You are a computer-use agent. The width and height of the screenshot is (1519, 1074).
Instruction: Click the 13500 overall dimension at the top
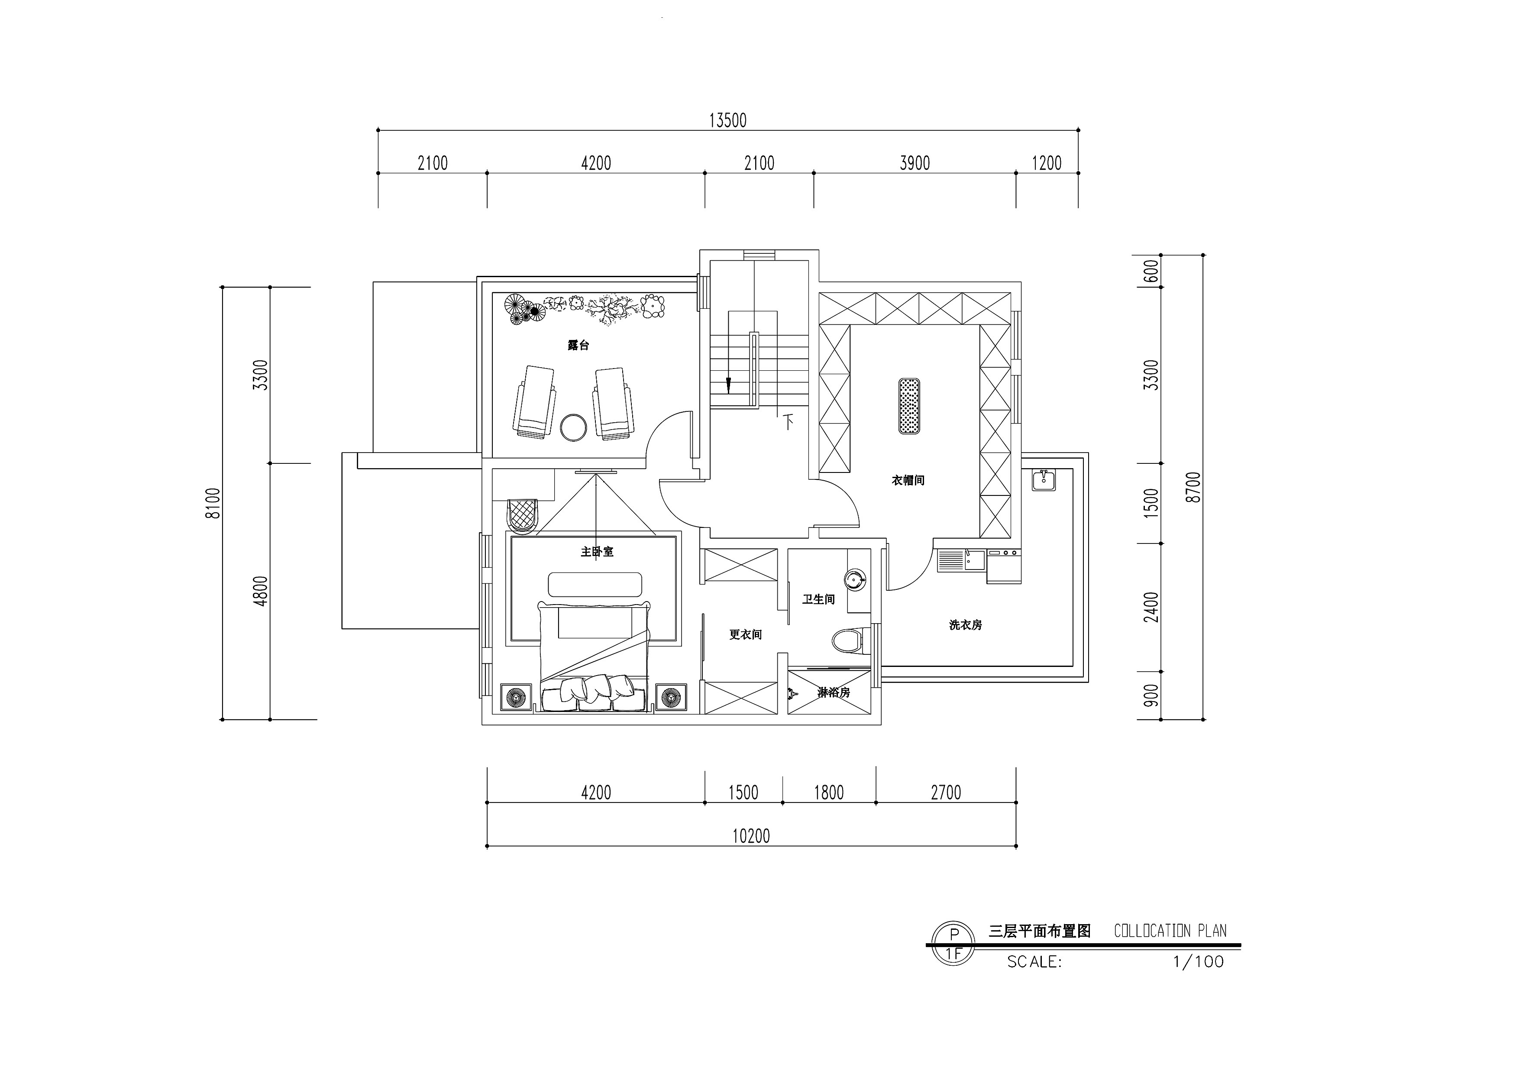click(x=728, y=120)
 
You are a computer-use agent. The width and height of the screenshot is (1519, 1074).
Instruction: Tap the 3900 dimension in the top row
click(x=915, y=163)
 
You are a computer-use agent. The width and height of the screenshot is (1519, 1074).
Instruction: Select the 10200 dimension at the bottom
click(x=751, y=836)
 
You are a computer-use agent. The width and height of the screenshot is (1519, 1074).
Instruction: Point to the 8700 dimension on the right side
click(x=1193, y=488)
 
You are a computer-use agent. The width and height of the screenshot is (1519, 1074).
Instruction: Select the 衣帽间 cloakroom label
click(x=908, y=480)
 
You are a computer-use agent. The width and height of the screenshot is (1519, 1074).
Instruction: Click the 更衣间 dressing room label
click(x=746, y=634)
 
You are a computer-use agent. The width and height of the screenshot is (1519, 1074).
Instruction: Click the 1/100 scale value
click(x=1198, y=961)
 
